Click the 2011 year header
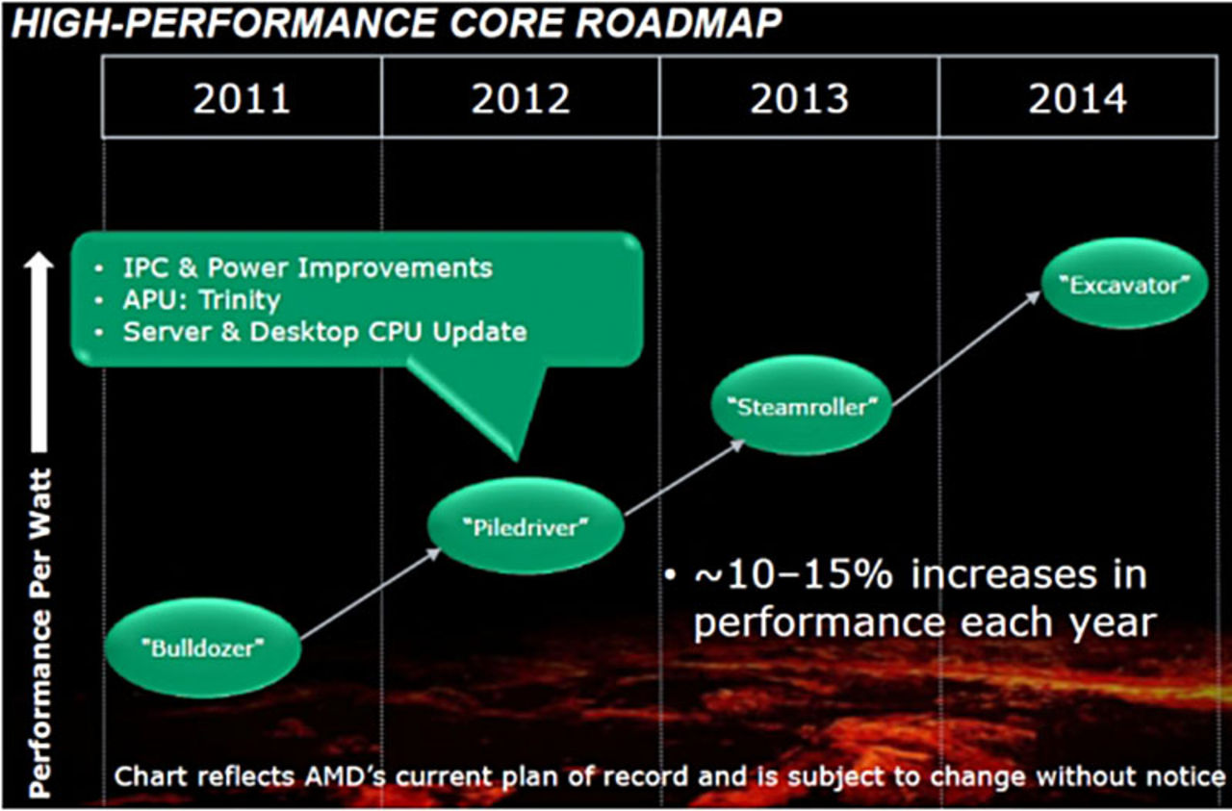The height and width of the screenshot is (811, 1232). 242,98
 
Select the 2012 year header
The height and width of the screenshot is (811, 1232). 521,98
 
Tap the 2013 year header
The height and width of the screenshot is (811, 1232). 799,98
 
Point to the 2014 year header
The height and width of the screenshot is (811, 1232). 1077,98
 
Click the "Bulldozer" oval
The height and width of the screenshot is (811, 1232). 202,646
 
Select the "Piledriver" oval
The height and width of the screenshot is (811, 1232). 525,526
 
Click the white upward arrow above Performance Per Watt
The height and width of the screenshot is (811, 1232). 38,346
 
